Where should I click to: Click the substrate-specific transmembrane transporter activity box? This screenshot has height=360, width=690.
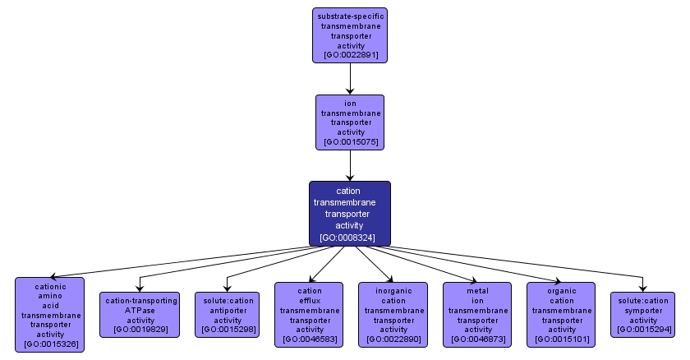tap(350, 35)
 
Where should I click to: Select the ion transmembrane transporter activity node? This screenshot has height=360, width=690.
tap(350, 122)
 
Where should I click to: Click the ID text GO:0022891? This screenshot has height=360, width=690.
tap(351, 56)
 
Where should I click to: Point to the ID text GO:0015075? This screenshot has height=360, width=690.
tap(351, 142)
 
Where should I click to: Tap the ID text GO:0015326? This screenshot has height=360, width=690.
tap(51, 344)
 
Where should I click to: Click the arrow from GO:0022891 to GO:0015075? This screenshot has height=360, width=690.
tap(350, 79)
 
